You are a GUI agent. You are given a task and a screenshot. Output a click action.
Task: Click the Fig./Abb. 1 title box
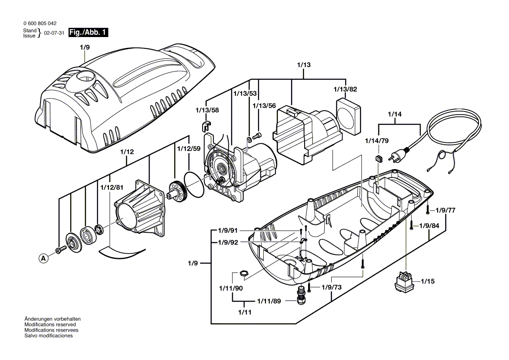pyautogui.click(x=88, y=33)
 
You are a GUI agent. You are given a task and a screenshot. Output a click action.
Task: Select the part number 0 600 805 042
pyautogui.click(x=39, y=24)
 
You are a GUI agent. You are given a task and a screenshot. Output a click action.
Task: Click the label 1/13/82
pyautogui.click(x=346, y=89)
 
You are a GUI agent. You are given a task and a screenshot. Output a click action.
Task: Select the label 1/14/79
pyautogui.click(x=377, y=141)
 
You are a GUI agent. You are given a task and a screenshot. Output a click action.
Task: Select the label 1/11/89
pyautogui.click(x=268, y=301)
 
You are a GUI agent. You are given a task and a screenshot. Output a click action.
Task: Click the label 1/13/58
pyautogui.click(x=208, y=111)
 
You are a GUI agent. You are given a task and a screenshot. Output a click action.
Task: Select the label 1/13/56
pyautogui.click(x=265, y=105)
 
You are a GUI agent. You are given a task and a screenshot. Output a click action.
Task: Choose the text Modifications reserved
pyautogui.click(x=50, y=325)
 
